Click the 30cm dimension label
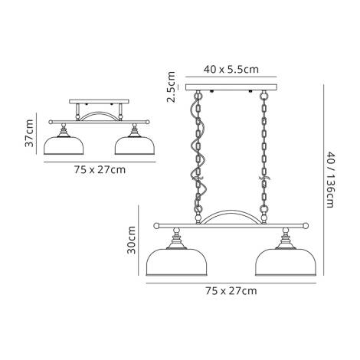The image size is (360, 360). pyautogui.click(x=131, y=240)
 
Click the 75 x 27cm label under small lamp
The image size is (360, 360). pyautogui.click(x=95, y=169)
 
